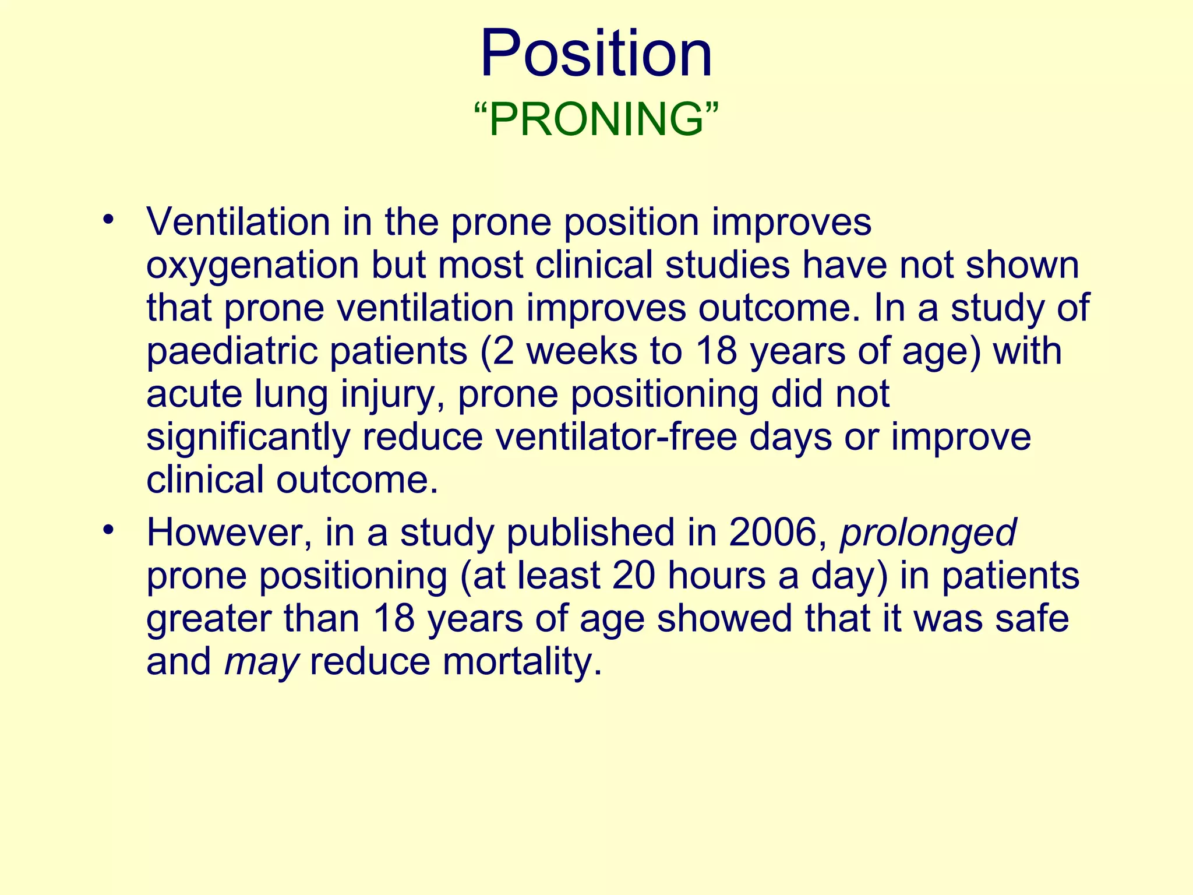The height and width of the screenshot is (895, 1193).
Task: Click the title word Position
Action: tap(596, 54)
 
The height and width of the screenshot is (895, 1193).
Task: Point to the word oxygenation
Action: tap(252, 266)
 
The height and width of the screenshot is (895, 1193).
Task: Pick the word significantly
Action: tap(248, 437)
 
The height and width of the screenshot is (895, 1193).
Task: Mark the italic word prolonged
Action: tap(928, 534)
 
